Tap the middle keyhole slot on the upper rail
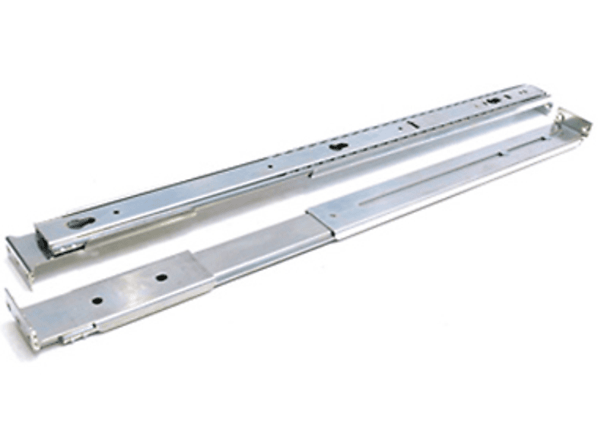coord(336,148)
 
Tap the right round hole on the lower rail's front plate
coord(161,276)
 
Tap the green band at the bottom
coord(299,411)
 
